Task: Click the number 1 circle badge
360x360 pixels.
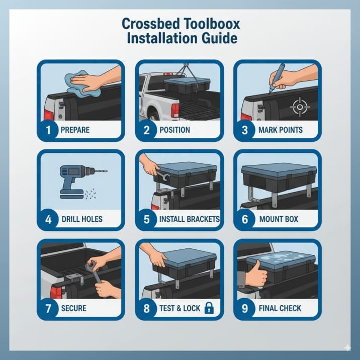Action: (x=48, y=130)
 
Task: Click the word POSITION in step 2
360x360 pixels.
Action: (x=174, y=130)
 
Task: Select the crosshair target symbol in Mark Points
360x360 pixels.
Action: (x=300, y=107)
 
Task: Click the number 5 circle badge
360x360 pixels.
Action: (x=147, y=219)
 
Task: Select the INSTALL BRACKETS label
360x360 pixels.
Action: (x=189, y=219)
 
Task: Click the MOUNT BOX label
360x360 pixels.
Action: (x=278, y=219)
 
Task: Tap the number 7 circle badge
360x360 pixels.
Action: (x=48, y=308)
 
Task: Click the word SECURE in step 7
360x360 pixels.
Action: (x=73, y=308)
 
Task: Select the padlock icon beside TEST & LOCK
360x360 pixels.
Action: (x=208, y=308)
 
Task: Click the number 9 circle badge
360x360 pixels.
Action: (x=245, y=308)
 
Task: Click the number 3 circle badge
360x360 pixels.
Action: (x=245, y=130)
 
